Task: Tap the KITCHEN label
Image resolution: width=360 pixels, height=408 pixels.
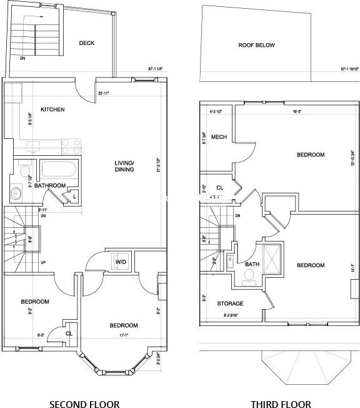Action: coord(52,110)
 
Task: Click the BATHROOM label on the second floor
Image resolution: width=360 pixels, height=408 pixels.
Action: coord(50,186)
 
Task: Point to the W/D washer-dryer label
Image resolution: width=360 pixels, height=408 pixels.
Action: coord(121,262)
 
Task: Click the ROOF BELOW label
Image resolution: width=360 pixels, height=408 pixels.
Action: coord(256,45)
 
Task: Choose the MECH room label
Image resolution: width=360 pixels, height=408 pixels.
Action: coord(219,137)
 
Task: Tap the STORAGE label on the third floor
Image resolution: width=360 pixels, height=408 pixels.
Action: coord(230,303)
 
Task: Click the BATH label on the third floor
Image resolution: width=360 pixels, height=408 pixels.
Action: coord(252,265)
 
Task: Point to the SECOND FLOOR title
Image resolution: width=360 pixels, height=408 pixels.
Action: coord(84,404)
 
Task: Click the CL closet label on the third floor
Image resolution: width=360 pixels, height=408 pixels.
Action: coord(220,187)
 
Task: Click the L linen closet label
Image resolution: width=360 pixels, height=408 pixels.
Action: coord(74,197)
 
